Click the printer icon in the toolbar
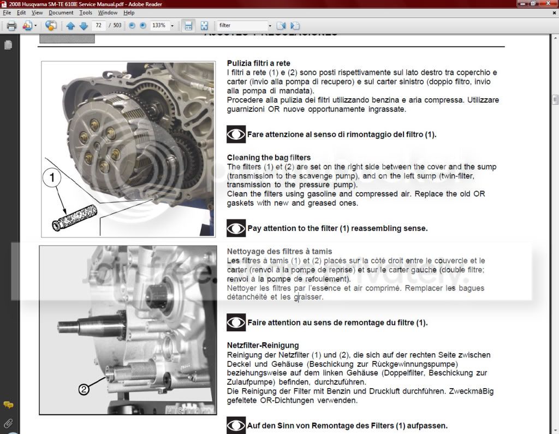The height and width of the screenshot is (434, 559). [11, 26]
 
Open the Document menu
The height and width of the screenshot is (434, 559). [61, 13]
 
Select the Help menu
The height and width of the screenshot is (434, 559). [129, 13]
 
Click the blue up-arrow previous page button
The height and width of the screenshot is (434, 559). [70, 26]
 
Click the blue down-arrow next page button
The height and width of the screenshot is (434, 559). [84, 26]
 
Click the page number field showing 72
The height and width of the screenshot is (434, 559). [99, 26]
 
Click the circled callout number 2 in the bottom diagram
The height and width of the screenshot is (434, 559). [84, 389]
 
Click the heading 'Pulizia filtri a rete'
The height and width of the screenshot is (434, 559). [258, 63]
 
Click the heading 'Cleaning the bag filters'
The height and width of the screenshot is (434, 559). [269, 158]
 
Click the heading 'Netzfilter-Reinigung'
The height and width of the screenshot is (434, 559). [263, 346]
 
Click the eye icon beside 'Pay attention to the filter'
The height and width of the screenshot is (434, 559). [236, 228]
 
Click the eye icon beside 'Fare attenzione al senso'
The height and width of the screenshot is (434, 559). [236, 134]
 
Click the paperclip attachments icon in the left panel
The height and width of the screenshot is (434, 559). [8, 423]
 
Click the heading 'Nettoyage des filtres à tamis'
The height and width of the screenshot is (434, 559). [279, 252]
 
